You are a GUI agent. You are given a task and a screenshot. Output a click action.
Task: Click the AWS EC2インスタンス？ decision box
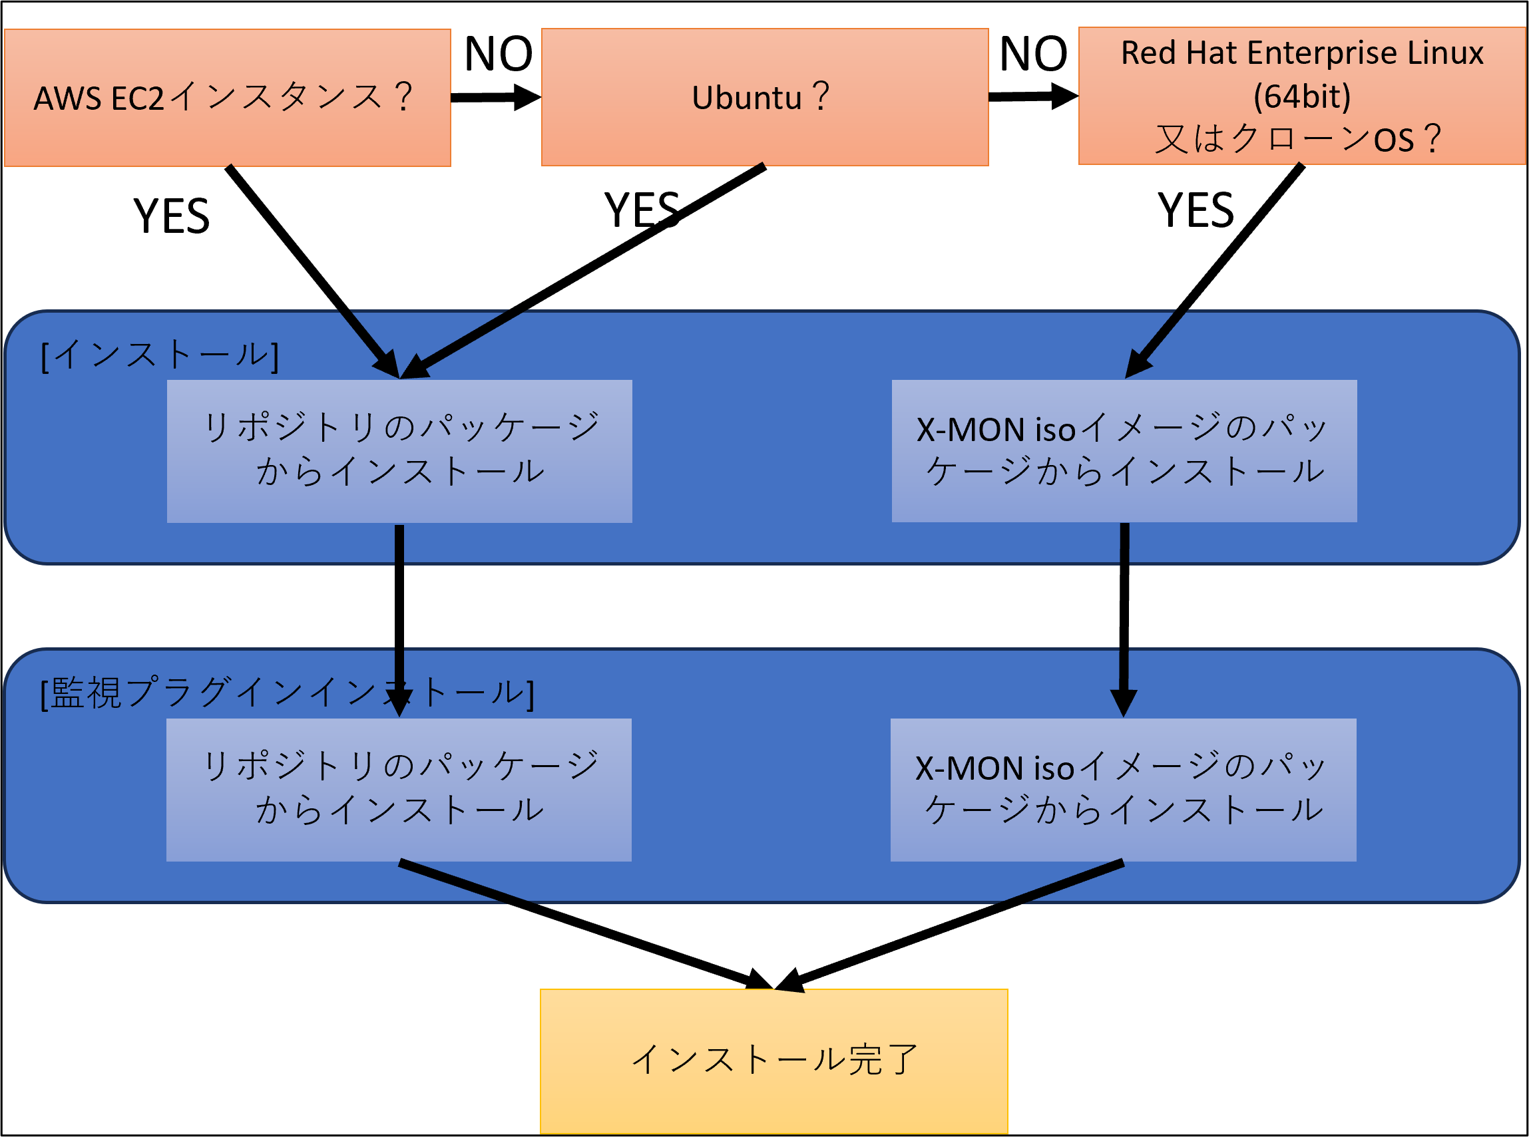click(x=227, y=97)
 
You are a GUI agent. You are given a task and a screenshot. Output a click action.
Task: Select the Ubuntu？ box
click(x=764, y=97)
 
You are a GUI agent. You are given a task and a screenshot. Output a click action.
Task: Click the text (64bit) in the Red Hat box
click(x=1301, y=96)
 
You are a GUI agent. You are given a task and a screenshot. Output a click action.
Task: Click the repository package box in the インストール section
click(x=399, y=451)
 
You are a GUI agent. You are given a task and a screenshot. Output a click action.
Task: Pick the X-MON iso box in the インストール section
click(x=1124, y=451)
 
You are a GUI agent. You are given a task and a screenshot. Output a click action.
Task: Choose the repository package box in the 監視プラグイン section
click(x=399, y=790)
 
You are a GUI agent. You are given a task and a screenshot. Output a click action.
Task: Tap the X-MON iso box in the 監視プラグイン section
click(x=1123, y=790)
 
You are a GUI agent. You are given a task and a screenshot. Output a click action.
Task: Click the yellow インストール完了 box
click(x=773, y=1060)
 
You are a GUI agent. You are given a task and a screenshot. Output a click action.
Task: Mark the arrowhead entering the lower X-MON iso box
click(x=1123, y=703)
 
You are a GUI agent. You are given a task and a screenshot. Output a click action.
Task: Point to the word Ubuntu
click(x=746, y=98)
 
